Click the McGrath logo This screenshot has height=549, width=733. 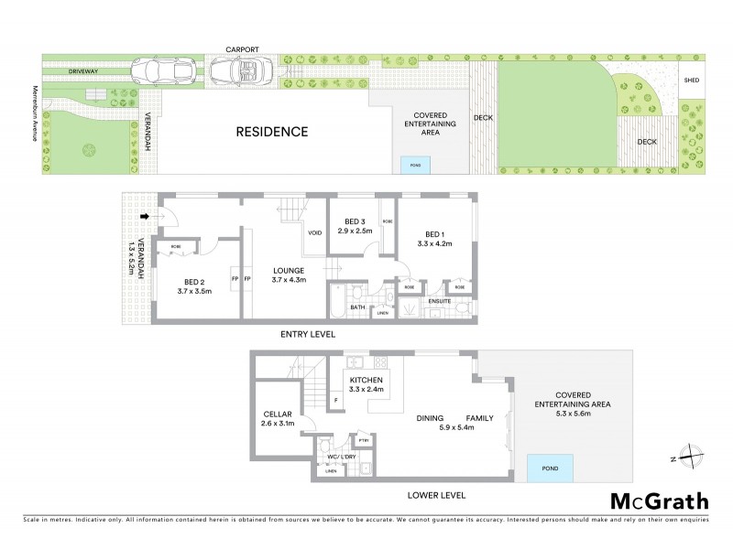659,501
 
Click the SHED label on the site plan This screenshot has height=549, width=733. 693,81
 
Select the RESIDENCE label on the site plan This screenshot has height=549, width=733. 272,132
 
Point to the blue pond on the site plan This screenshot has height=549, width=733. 415,165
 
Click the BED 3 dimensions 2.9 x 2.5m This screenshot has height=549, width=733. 356,231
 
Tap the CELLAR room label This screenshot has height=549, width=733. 277,414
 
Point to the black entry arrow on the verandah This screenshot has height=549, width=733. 145,217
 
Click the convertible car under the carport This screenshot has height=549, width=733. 238,70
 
